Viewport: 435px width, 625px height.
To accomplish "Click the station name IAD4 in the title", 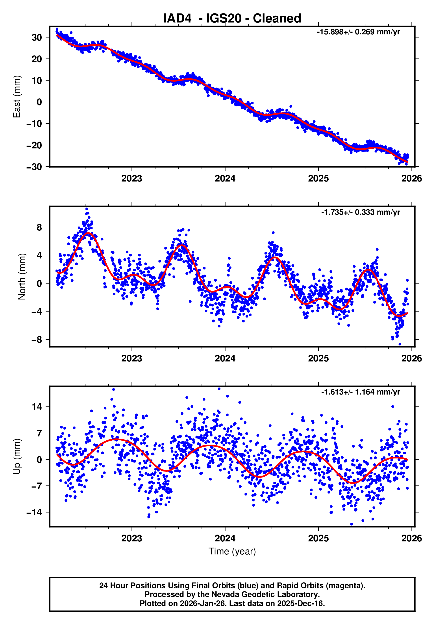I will [x=177, y=19].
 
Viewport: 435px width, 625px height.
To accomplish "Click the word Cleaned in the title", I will [x=277, y=19].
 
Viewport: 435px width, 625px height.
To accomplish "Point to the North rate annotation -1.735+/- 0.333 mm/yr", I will [x=360, y=212].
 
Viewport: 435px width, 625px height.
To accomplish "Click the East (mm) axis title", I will [x=17, y=97].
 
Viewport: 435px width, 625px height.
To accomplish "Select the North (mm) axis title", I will [x=22, y=277].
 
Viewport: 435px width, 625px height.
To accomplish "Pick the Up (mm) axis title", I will [x=17, y=457].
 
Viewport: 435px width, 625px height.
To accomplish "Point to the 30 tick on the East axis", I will [x=37, y=37].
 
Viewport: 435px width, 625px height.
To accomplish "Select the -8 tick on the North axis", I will [x=37, y=340].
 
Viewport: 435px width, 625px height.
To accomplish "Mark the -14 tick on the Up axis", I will [x=34, y=512].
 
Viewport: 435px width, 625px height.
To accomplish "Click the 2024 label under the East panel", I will [x=225, y=179].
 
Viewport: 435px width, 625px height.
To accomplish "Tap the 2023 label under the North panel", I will [x=131, y=359].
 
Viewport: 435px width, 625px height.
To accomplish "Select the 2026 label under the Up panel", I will [x=411, y=538].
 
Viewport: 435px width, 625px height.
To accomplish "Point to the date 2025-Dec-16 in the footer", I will [x=300, y=603].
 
